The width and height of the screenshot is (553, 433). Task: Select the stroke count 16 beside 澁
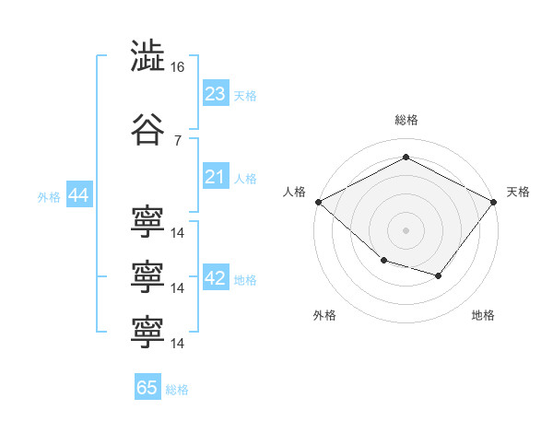(178, 68)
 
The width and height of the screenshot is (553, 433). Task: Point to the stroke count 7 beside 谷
(177, 140)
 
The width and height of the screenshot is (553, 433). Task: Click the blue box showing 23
(215, 93)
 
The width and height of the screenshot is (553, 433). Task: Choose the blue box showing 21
(215, 177)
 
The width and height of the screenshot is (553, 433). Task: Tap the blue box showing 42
(215, 279)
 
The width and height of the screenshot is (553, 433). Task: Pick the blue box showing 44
(78, 196)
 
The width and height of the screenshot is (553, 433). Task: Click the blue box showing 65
(147, 388)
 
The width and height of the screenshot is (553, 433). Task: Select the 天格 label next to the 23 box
(244, 95)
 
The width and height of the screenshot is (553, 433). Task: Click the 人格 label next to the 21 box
(244, 179)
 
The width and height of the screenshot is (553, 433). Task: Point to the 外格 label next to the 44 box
(48, 197)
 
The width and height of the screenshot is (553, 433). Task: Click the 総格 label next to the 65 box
(177, 390)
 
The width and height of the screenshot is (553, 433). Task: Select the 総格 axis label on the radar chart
(406, 120)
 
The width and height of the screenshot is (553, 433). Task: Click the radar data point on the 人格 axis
(318, 202)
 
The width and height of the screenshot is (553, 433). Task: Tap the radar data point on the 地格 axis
(439, 275)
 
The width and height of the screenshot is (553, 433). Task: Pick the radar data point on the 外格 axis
(383, 262)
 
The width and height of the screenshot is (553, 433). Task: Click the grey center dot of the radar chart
(406, 229)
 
